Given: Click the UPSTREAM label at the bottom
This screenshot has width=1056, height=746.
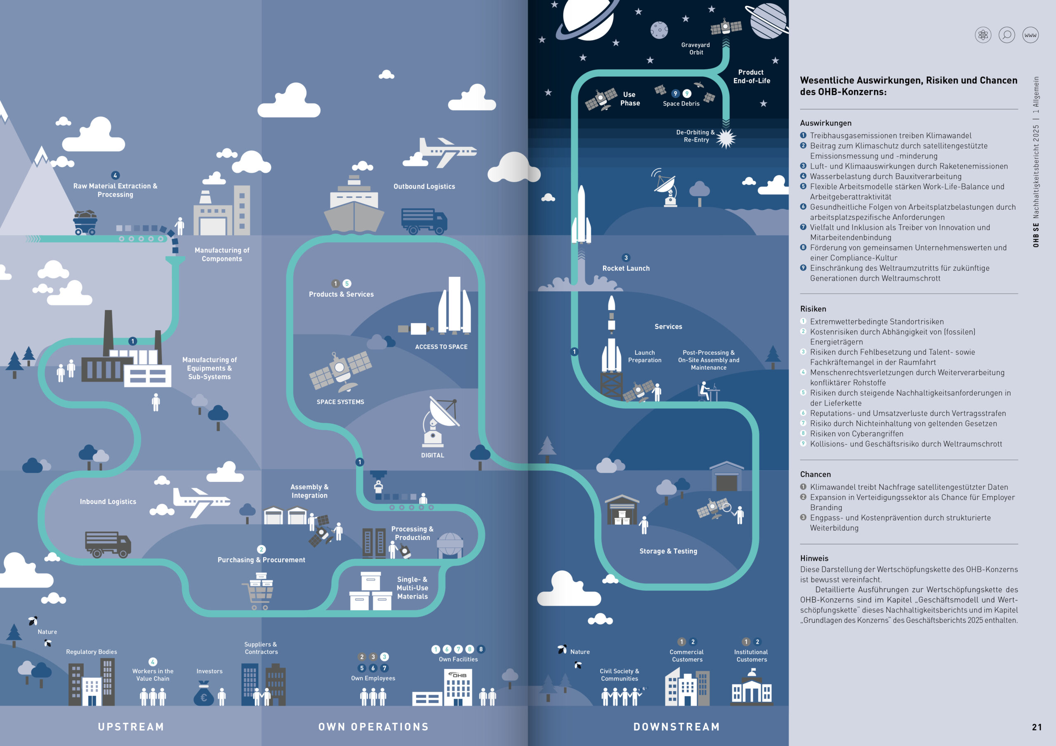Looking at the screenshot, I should tap(131, 727).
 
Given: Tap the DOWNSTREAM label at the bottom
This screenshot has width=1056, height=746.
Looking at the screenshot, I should tap(676, 727).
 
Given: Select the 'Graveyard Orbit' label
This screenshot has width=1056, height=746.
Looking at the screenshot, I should tap(695, 49).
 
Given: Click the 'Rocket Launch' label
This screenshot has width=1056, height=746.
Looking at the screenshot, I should tap(626, 268).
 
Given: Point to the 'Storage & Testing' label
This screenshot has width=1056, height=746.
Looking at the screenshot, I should tap(668, 551).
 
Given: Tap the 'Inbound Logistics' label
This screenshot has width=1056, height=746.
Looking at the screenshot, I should tap(108, 502).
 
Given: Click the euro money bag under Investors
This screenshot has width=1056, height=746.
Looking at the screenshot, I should tap(203, 695).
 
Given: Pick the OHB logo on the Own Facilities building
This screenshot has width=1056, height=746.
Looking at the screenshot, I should tap(458, 675).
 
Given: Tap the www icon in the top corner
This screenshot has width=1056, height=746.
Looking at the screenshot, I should tap(1030, 35).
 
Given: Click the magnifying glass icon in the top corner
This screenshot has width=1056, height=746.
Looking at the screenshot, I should tap(1007, 35).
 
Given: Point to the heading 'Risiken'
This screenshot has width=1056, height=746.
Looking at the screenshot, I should tap(813, 309).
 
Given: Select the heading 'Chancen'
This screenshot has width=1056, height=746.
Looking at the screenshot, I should tap(815, 474).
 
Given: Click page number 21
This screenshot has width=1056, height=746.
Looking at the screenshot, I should tap(1037, 727).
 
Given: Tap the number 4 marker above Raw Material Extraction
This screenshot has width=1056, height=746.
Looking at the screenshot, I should tap(115, 175).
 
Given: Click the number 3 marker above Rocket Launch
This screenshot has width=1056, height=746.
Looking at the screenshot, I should tap(626, 258).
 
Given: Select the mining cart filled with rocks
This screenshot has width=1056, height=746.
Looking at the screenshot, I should tap(85, 223).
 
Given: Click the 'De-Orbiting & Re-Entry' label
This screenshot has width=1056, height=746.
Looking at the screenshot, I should tap(695, 136).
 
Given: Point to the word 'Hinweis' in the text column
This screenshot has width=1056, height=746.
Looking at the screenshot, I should tap(814, 558).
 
